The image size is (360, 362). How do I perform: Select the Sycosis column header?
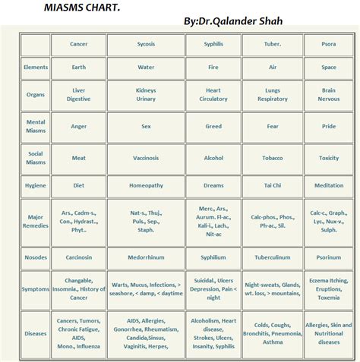coord(146,44)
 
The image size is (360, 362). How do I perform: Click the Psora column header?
coord(328,44)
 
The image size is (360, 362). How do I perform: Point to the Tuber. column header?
coord(272,44)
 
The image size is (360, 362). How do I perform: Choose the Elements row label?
coord(36,68)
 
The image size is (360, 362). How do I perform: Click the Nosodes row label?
coord(36,257)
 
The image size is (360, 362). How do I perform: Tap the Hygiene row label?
coord(36,185)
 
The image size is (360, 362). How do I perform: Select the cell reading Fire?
coord(213,68)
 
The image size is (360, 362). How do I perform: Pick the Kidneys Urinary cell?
coord(146,95)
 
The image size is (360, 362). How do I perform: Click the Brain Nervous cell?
coord(328,95)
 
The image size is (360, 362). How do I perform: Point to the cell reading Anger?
coord(78,126)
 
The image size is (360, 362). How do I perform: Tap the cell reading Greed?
coord(213,126)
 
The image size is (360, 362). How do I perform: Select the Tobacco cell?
coord(272,158)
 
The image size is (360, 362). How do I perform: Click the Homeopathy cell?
coord(146,185)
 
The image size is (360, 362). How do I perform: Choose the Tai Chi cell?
coord(272,185)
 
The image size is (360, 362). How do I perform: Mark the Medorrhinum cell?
coord(146,257)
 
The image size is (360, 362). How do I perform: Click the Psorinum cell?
coord(328,257)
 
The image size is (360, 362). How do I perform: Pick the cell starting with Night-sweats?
coord(272,289)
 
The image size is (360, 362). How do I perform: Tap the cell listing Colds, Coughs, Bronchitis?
coord(272,333)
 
